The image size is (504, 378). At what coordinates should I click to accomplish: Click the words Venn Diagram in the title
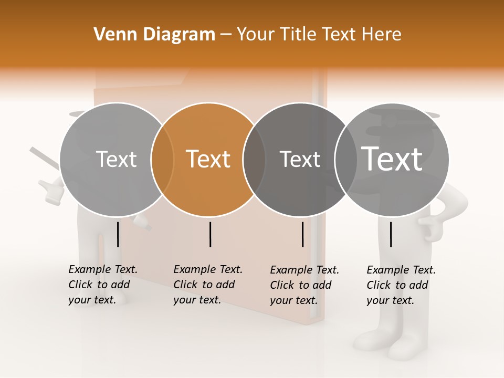tap(154, 35)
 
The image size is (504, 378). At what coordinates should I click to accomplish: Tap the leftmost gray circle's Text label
tap(116, 159)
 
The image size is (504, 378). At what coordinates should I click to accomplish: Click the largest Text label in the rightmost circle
tap(392, 159)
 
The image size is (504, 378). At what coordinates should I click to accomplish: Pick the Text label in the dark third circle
tap(300, 159)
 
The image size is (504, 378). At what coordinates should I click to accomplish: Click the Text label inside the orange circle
tap(208, 159)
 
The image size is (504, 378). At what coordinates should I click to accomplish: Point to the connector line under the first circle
tap(118, 234)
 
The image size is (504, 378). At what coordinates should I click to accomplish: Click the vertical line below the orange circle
tap(210, 234)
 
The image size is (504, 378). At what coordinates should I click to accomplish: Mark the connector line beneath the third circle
tap(303, 234)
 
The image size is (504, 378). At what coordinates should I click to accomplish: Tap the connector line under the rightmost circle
tap(391, 234)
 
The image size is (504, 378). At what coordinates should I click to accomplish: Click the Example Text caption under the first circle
tap(103, 285)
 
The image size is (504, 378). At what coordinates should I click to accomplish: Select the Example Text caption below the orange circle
tap(208, 285)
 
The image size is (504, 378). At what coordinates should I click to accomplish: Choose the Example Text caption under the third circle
tap(304, 285)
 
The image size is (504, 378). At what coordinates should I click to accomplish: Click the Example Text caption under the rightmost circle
tap(401, 285)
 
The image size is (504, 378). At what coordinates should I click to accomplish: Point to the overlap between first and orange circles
tap(162, 160)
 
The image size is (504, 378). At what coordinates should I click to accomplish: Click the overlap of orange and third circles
tap(254, 160)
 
